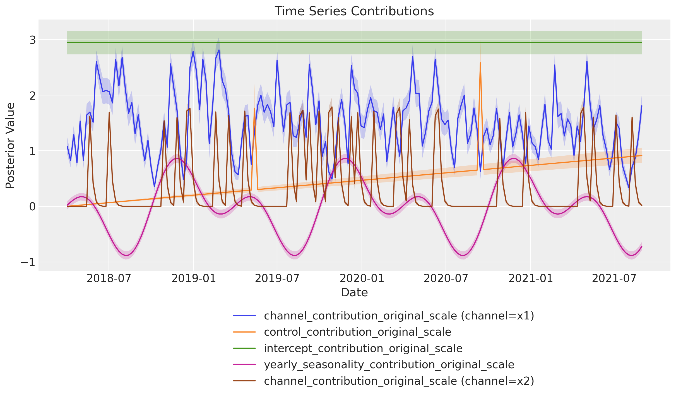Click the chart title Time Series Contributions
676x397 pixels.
354,11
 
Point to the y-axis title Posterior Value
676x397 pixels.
10,146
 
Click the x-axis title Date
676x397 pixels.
354,292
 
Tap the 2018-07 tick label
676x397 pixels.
109,278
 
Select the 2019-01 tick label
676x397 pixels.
193,278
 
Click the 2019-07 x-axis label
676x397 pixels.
277,278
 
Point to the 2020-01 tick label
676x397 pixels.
362,278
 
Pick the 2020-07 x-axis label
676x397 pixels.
446,278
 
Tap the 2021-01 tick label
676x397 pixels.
530,278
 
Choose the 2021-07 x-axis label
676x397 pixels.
614,278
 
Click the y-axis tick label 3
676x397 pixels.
33,40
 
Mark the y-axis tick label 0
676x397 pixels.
33,207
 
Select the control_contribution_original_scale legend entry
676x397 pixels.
357,332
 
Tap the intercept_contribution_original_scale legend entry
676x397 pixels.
363,348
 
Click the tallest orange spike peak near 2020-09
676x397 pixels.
480,63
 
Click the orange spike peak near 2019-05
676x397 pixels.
254,109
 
